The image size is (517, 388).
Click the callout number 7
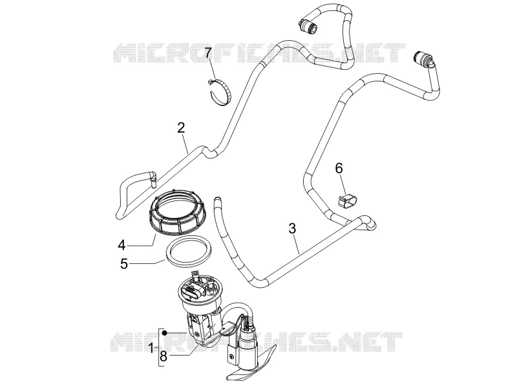207,52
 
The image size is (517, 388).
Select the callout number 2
181,127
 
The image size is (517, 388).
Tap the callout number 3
292,228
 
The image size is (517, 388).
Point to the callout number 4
122,245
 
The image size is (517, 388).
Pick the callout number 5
124,264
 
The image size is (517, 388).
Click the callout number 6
339,168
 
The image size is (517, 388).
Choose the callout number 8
164,356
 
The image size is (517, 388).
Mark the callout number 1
151,348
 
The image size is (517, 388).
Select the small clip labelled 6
348,201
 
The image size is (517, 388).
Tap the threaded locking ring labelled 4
178,212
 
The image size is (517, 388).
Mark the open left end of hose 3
216,199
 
